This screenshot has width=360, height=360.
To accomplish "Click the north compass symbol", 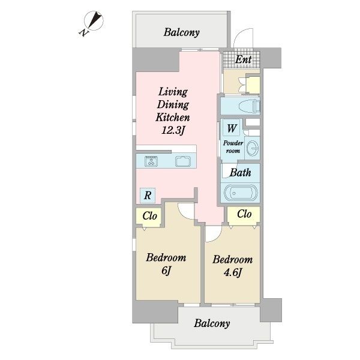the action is (x=94, y=20).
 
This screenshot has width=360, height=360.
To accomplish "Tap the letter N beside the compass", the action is (x=84, y=33).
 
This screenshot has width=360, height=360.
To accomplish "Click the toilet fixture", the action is (x=250, y=106).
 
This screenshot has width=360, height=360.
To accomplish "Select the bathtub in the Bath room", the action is (x=241, y=193).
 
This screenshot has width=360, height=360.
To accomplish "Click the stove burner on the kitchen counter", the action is (x=151, y=161).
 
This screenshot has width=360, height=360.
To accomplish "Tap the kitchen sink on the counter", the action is (x=183, y=161).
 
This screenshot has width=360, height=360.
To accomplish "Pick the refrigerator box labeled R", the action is (x=148, y=196).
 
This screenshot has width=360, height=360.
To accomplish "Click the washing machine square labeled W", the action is (x=231, y=128).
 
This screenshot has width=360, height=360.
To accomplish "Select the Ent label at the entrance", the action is (x=244, y=59).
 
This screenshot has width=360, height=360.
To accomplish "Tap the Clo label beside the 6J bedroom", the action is (x=149, y=216).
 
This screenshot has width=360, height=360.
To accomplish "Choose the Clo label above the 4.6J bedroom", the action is (x=244, y=214).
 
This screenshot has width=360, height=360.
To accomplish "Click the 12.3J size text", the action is (x=173, y=131).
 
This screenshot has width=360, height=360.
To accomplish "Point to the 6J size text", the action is (x=166, y=271).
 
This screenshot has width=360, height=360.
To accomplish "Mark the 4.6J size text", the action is (x=233, y=273).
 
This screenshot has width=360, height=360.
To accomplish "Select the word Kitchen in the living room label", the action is (x=173, y=118).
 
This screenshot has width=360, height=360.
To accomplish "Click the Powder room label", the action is (x=233, y=147).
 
